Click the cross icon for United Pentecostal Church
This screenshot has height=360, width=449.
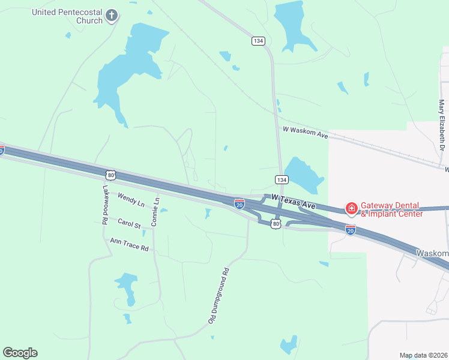click(112, 16)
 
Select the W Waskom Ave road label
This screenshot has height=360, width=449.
click(305, 133)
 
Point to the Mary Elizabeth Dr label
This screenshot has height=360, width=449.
click(442, 125)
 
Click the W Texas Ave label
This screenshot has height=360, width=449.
click(294, 201)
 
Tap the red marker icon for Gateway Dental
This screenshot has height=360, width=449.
click(351, 209)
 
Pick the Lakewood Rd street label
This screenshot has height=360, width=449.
click(105, 204)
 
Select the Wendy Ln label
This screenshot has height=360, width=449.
click(131, 200)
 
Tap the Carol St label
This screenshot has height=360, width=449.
click(129, 224)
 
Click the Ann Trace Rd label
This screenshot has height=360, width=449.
click(129, 244)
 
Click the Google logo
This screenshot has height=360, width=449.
click(20, 353)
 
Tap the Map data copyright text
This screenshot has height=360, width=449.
click(423, 355)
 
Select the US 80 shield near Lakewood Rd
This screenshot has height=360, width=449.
click(109, 175)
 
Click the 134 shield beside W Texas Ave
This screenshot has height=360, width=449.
click(281, 179)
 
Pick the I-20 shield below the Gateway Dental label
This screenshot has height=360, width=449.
click(351, 229)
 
